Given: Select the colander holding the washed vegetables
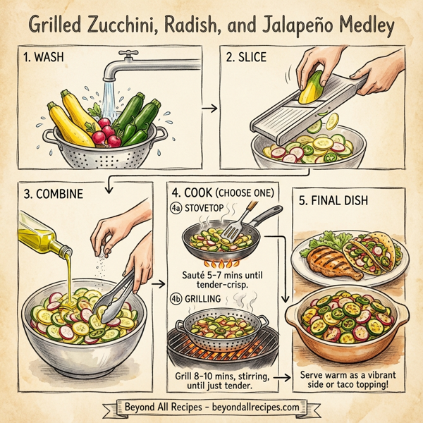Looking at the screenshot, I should click(106, 145).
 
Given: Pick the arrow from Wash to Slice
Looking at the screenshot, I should click(208, 109).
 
